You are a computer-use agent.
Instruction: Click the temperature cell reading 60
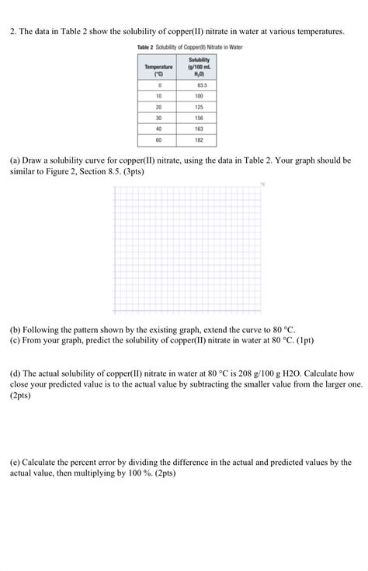[158, 140]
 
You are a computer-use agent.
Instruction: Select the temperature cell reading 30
[158, 117]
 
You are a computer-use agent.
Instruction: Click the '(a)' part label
[16, 160]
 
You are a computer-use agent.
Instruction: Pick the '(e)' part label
[16, 462]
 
